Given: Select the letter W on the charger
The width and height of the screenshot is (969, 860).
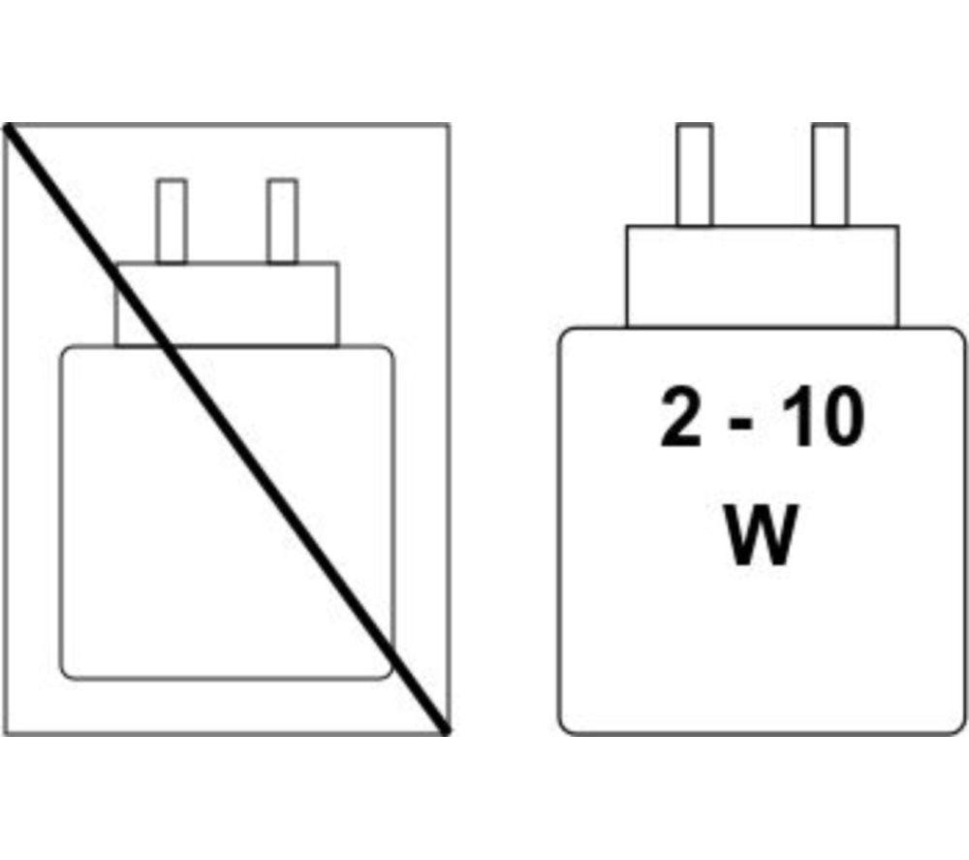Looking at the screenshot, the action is pyautogui.click(x=760, y=535).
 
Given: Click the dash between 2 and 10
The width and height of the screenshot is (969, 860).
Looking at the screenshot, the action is pyautogui.click(x=741, y=423).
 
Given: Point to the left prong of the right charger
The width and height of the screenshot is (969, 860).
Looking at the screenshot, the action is pyautogui.click(x=695, y=175).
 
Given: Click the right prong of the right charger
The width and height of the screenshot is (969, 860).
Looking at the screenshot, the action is pyautogui.click(x=830, y=175).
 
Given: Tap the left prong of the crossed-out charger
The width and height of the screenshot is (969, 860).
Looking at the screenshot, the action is pyautogui.click(x=172, y=221).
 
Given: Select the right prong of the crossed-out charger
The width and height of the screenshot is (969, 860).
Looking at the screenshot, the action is pyautogui.click(x=282, y=221).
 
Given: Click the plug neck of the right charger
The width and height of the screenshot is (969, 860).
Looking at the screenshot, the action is pyautogui.click(x=762, y=276).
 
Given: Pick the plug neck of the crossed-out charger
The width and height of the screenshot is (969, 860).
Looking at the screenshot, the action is pyautogui.click(x=227, y=304).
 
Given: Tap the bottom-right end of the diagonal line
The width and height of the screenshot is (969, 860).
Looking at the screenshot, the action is pyautogui.click(x=446, y=731).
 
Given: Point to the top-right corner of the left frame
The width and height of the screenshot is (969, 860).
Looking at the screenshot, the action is pyautogui.click(x=449, y=125).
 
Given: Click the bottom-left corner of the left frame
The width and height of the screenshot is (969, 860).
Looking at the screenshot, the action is pyautogui.click(x=4, y=734).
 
